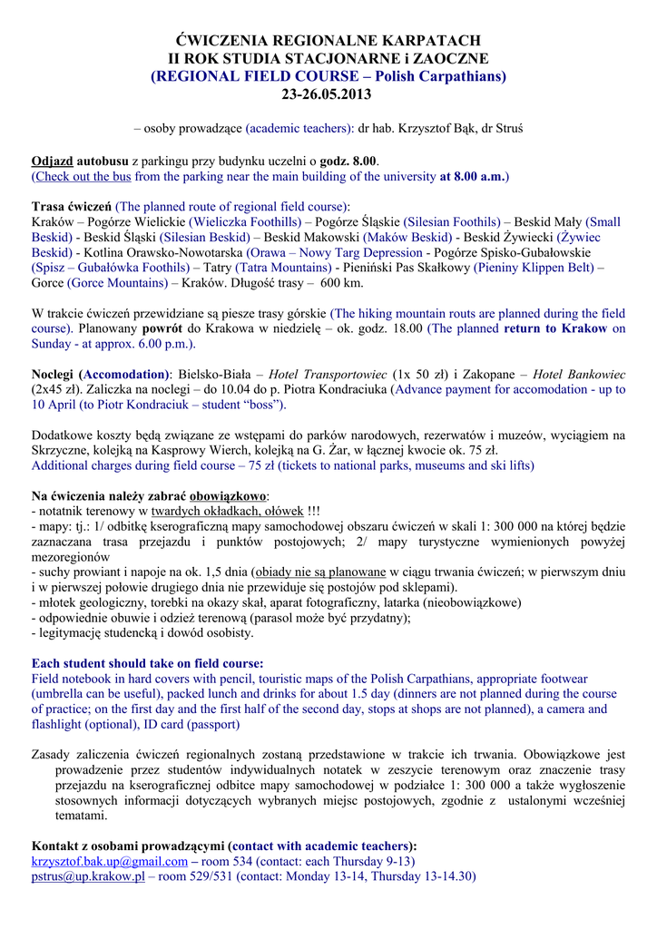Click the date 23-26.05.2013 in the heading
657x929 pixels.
point(328,94)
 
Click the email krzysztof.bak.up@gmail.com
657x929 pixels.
point(110,861)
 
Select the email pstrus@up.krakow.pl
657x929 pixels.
point(88,877)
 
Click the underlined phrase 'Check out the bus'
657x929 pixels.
point(83,176)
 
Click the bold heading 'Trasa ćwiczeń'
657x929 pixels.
point(71,206)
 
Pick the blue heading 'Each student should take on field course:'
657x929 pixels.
point(148,663)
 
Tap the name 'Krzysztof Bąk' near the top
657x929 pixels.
point(434,128)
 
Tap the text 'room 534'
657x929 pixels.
point(226,861)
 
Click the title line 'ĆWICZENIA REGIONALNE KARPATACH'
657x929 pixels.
point(328,41)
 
